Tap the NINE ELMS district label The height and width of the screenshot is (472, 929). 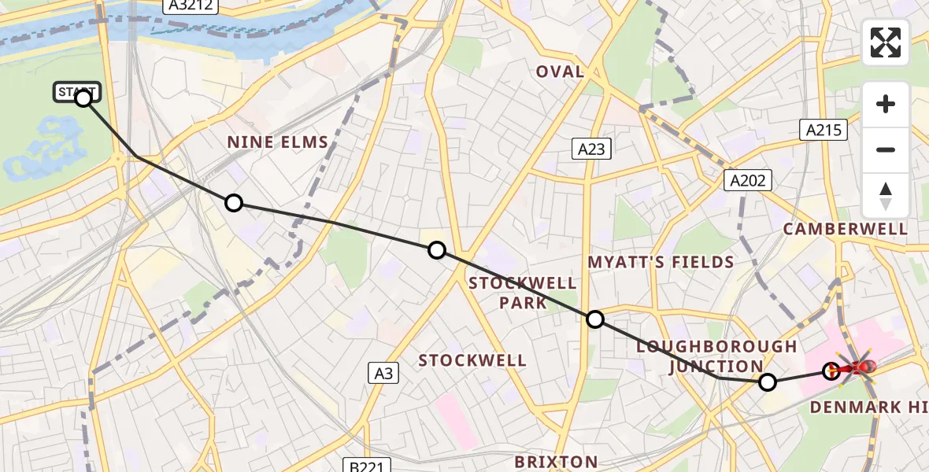coord(278,142)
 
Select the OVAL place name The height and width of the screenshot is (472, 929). coord(560,72)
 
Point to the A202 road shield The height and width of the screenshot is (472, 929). coord(748,181)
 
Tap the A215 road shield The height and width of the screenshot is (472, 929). coord(824,131)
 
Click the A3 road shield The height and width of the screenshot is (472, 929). coord(383,374)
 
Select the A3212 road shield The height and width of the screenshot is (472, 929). coord(191,6)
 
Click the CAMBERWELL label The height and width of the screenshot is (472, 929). coord(845,229)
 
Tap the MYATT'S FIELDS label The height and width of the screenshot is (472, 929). coord(661,262)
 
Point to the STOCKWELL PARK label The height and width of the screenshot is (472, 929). coord(523,293)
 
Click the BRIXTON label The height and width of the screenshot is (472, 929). coord(556,462)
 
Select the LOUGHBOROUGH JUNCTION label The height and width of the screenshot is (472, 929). coord(716,356)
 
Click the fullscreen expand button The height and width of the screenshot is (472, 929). coord(886,42)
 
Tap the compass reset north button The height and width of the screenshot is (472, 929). coord(886,196)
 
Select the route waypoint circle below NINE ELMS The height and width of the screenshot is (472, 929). coord(234,203)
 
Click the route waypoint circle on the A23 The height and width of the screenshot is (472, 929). coord(595,319)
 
